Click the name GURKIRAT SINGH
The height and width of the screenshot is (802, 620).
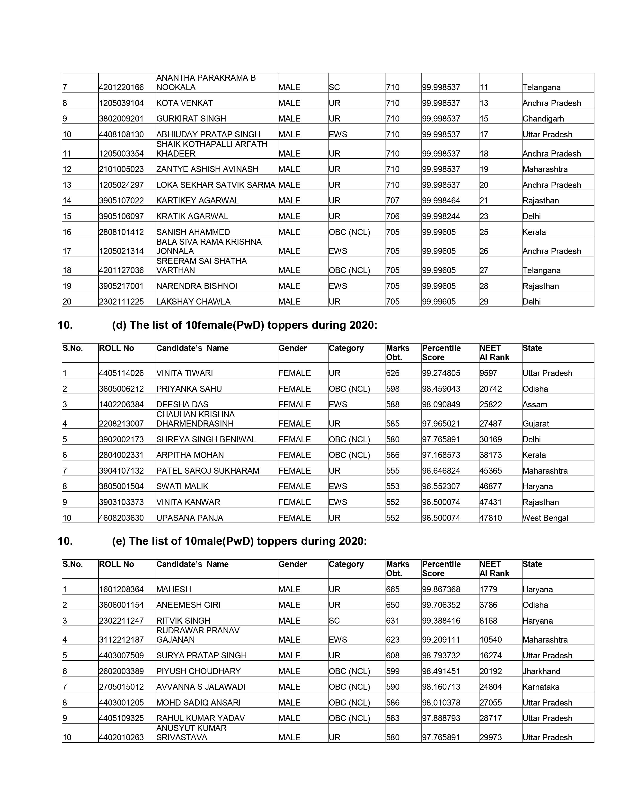pyautogui.click(x=191, y=119)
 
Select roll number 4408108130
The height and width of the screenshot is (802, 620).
pyautogui.click(x=121, y=134)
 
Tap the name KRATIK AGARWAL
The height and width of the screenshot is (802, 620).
pyautogui.click(x=192, y=216)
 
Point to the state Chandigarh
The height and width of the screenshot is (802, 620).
pyautogui.click(x=543, y=119)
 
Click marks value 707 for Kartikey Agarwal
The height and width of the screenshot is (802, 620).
pyautogui.click(x=393, y=200)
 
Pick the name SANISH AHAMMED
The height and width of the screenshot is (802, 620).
pyautogui.click(x=193, y=232)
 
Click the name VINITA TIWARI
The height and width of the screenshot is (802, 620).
pyautogui.click(x=184, y=373)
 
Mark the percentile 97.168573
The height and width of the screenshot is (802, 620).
pyautogui.click(x=441, y=455)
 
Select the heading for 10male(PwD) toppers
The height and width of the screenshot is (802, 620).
pyautogui.click(x=239, y=541)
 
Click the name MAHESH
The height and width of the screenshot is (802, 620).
pyautogui.click(x=173, y=589)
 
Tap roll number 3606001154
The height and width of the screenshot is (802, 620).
pyautogui.click(x=121, y=605)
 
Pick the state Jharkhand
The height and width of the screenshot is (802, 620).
pyautogui.click(x=541, y=671)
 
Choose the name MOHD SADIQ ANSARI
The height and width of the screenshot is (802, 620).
pyautogui.click(x=198, y=703)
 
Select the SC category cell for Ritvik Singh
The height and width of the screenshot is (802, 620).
pyautogui.click(x=334, y=621)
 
